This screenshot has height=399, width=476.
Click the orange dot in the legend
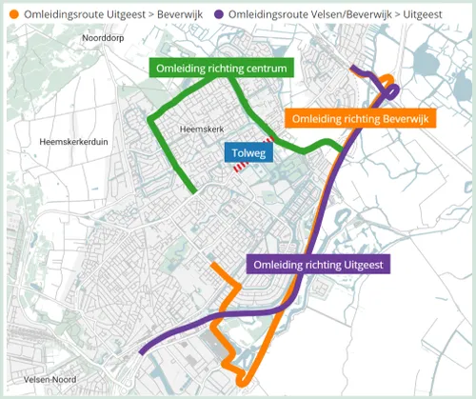(12, 15)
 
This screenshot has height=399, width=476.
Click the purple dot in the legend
(219, 15)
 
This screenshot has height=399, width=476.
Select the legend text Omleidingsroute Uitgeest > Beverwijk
(110, 15)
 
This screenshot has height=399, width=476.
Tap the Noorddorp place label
(105, 37)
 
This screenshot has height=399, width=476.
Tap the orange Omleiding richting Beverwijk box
(360, 119)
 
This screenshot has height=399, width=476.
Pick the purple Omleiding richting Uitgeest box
(319, 265)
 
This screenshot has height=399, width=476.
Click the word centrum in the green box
(261, 69)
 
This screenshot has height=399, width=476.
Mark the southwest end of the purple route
(142, 351)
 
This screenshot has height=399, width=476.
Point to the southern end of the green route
(194, 192)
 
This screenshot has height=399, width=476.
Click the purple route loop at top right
(392, 90)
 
